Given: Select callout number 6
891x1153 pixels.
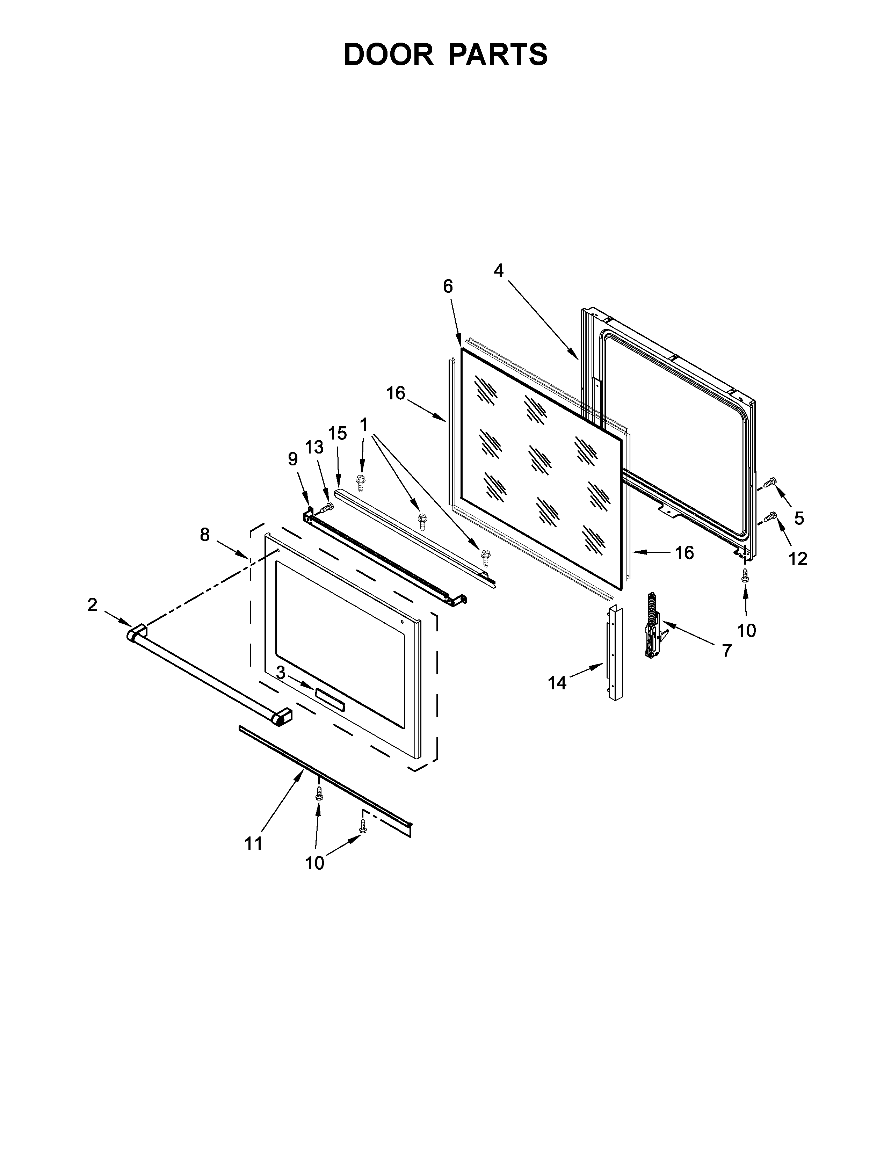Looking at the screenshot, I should (x=448, y=287).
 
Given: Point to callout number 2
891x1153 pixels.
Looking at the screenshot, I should (x=92, y=605).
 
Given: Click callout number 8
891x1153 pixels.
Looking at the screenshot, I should (x=205, y=535).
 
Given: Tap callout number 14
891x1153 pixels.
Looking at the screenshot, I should (x=557, y=683).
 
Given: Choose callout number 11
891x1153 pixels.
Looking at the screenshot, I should (x=253, y=844).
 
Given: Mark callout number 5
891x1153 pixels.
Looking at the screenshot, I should (x=799, y=519).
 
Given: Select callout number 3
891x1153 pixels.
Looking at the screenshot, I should (x=281, y=673).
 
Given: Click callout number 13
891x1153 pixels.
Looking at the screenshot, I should (x=314, y=447).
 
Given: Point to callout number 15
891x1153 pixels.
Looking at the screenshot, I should (x=338, y=434).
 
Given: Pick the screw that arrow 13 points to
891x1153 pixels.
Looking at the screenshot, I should (x=327, y=507).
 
